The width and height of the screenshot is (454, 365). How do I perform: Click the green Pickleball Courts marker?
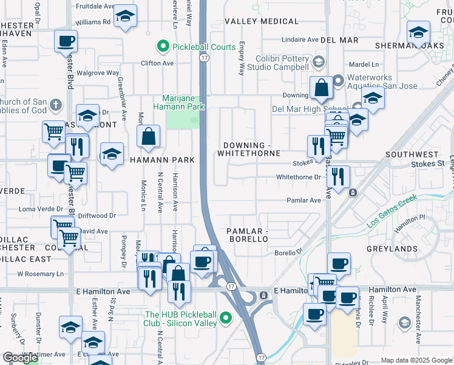(162, 46)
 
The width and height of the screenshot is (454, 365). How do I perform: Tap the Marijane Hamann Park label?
(183, 103)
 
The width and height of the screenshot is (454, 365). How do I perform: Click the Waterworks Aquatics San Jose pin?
(338, 78)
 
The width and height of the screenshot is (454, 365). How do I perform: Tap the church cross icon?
(56, 104)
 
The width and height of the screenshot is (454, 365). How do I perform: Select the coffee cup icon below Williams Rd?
(66, 42)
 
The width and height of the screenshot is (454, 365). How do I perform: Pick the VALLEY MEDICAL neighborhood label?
(262, 21)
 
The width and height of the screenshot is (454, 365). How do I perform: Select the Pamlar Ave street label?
(303, 200)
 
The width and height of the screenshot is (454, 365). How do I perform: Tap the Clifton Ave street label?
(157, 63)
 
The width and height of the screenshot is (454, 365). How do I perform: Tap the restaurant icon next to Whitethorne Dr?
(338, 177)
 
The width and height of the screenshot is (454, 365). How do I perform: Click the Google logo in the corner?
(21, 358)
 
